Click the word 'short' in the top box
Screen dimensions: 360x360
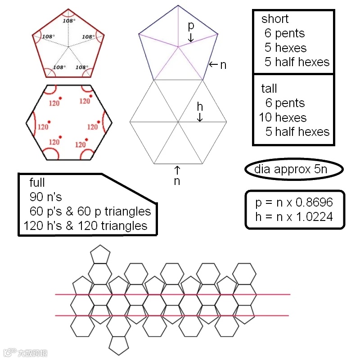[x=275, y=19]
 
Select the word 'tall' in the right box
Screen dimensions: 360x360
[x=269, y=88]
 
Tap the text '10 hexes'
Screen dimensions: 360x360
[x=283, y=118]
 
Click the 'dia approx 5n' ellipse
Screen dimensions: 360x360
[x=294, y=170]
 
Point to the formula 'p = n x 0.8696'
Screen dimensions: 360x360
[x=294, y=202]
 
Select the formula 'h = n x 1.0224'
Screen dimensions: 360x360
[x=294, y=217]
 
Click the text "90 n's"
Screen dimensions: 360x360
[x=46, y=197]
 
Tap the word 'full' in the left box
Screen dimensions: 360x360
[x=37, y=183]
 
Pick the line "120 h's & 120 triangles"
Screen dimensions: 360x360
[x=85, y=225]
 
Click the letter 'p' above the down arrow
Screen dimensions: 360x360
[x=191, y=26]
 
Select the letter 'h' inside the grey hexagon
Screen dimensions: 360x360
[x=200, y=107]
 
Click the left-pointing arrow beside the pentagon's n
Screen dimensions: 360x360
[x=213, y=65]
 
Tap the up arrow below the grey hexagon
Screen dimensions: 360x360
[x=177, y=170]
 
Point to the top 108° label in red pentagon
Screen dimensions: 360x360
[x=68, y=21]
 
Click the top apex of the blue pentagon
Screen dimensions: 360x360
[x=178, y=6]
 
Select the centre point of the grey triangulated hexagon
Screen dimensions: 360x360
[x=178, y=122]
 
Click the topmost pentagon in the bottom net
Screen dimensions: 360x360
[x=100, y=254]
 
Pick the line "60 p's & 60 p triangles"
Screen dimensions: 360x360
[x=90, y=211]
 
